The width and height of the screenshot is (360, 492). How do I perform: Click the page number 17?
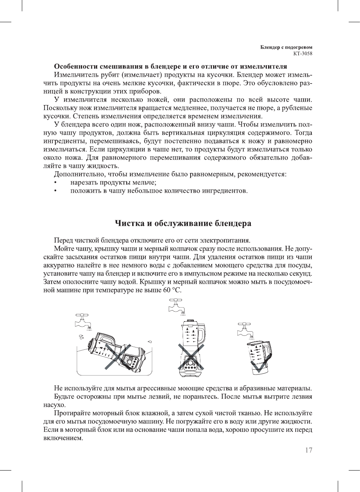[308, 450]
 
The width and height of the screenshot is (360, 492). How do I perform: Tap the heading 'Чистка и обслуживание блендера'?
[183, 224]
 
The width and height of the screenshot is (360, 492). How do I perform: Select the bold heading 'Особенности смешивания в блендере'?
[170, 66]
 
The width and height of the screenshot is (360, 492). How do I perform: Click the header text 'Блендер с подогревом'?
[286, 47]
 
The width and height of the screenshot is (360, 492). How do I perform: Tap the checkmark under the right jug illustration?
[260, 366]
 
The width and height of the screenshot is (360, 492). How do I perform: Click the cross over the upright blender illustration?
[191, 356]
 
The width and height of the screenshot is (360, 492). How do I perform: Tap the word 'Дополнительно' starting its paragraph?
[77, 174]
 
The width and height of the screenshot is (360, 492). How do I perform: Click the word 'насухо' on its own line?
[55, 405]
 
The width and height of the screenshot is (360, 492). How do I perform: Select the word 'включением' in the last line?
[63, 438]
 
